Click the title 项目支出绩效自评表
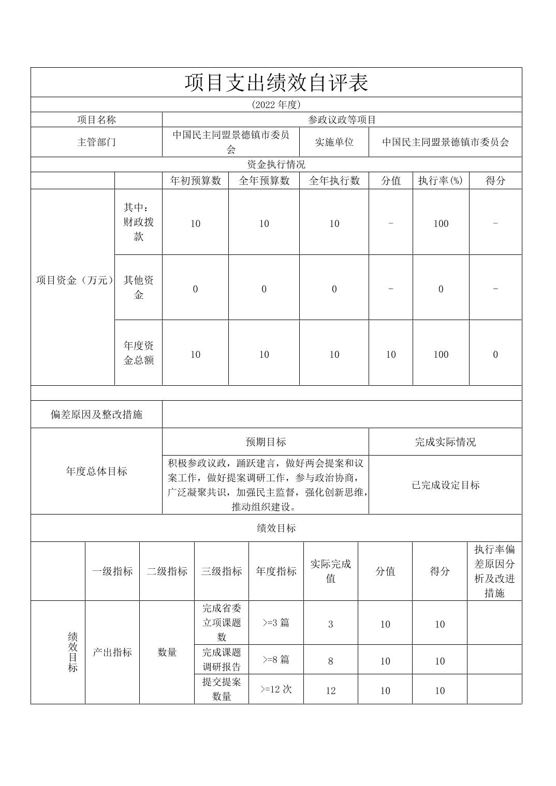point(276,83)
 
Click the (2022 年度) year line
point(276,104)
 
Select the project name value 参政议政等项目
point(342,120)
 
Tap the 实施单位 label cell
point(334,142)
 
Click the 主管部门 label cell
point(96,142)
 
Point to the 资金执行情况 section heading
point(276,164)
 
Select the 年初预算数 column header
point(195,180)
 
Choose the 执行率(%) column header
point(441,180)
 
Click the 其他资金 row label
point(138,288)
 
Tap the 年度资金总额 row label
point(138,353)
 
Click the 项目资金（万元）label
point(73,280)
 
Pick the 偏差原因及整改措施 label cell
point(96,414)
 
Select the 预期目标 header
point(265,442)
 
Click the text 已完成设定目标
point(445,485)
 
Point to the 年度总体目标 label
point(96,471)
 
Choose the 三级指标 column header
point(222,571)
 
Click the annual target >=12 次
point(276,689)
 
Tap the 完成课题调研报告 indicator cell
point(222,659)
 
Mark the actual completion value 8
point(331,661)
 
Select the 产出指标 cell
point(112,652)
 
